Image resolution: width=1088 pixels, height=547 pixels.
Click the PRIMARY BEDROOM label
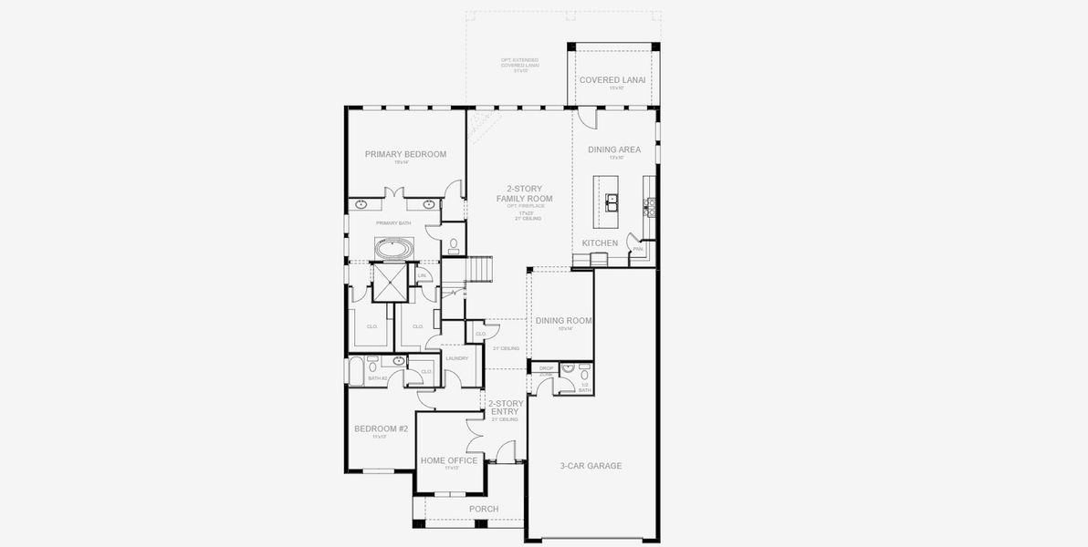[405, 154]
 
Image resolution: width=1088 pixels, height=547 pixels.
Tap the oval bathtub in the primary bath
[394, 248]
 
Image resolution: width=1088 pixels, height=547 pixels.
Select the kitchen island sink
[609, 201]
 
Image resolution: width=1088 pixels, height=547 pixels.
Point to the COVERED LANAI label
[612, 80]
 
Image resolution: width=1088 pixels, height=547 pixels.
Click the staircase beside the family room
[477, 270]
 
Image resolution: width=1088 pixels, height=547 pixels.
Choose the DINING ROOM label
[564, 321]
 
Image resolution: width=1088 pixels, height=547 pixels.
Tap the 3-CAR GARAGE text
[591, 466]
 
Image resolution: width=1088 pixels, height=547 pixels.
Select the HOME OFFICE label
[449, 461]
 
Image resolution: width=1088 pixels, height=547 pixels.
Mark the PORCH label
[483, 509]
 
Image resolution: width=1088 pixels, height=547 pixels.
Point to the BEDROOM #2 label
[381, 428]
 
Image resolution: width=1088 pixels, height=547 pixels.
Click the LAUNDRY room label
[456, 358]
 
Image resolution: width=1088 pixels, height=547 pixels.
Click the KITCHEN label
[600, 243]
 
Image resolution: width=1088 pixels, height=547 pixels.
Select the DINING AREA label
[614, 150]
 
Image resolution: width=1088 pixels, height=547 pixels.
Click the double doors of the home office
[476, 437]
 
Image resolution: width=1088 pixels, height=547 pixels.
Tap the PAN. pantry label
[638, 249]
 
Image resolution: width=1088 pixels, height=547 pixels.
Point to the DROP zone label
[547, 368]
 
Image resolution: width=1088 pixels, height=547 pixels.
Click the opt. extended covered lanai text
[515, 65]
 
